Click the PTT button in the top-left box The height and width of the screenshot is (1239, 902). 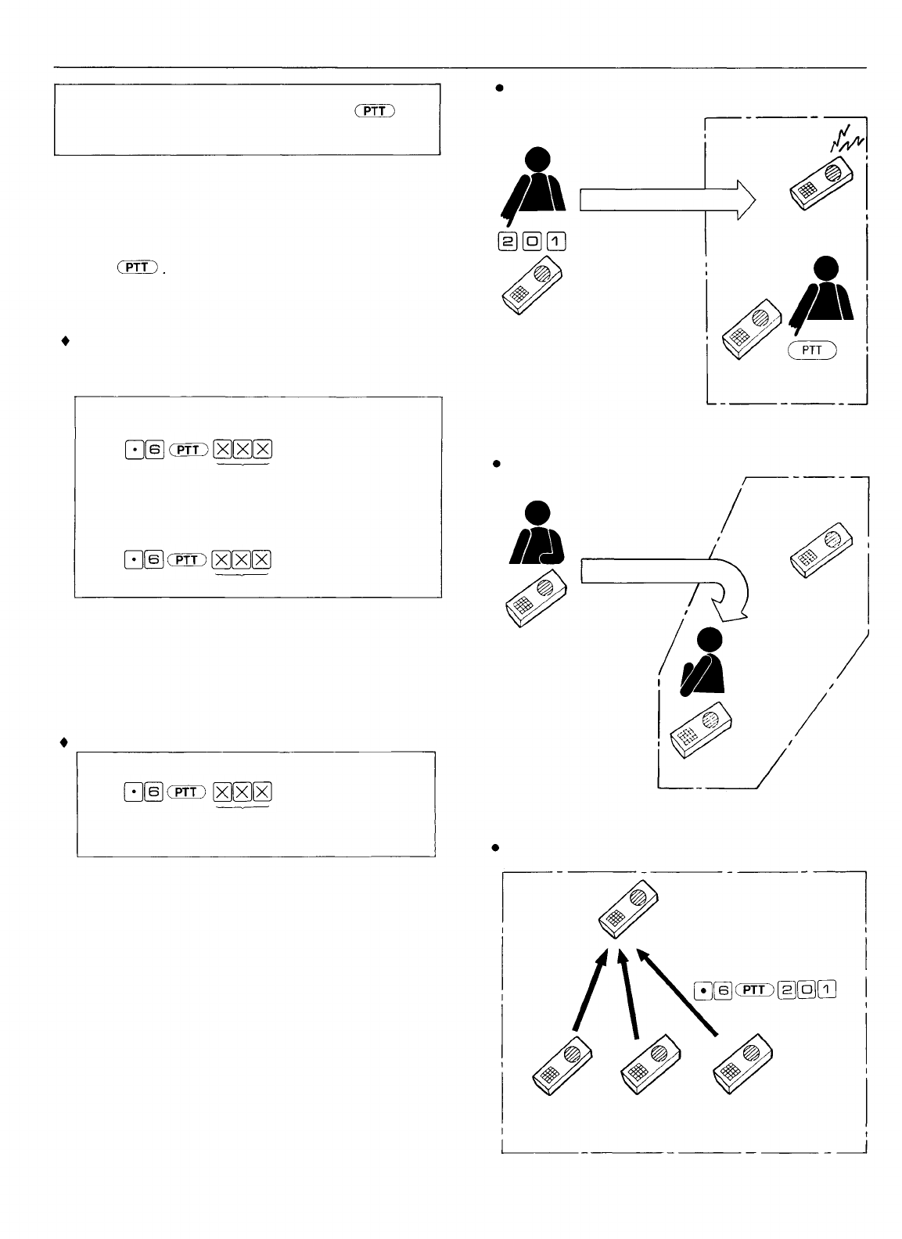click(375, 112)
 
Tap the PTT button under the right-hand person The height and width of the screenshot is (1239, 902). click(812, 350)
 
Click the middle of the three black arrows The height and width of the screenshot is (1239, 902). click(628, 995)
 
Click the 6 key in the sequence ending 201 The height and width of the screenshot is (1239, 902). click(724, 990)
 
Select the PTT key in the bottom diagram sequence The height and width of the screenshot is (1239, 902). click(755, 990)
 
